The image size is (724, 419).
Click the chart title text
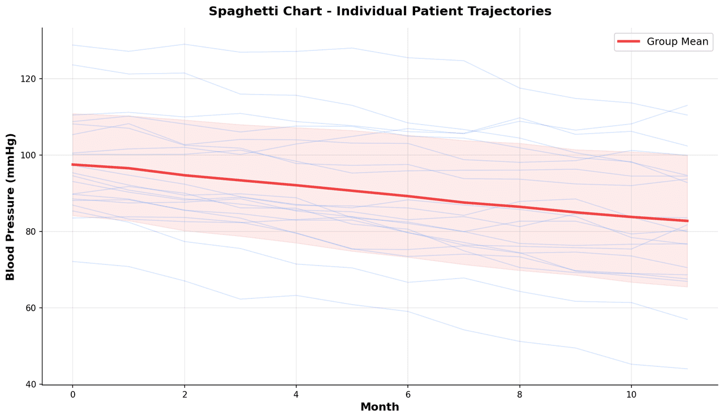380,11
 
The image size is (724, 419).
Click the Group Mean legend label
677,42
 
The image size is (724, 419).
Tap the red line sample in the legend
628,42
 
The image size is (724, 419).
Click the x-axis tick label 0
72,394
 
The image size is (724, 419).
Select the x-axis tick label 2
184,394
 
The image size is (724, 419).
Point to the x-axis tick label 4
296,394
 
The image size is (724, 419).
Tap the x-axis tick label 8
519,394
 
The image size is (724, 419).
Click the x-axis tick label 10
631,394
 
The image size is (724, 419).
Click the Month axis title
380,407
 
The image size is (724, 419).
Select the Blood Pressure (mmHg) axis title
10,207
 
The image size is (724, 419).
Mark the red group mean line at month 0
72,164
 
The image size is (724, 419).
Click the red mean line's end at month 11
687,221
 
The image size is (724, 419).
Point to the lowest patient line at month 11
687,369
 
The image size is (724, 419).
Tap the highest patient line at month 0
72,45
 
